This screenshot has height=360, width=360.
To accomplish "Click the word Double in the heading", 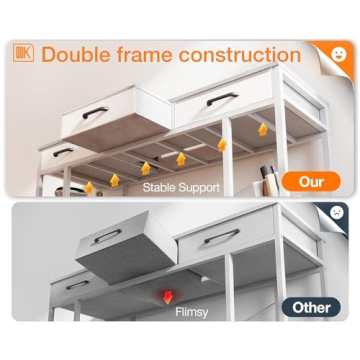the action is tap(75, 54).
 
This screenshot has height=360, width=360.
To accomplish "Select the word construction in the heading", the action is tap(240, 54).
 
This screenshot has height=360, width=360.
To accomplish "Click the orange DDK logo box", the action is tap(23, 53).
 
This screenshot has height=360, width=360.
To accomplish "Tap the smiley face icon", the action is tap(339, 54).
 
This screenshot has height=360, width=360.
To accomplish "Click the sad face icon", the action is tap(337, 212).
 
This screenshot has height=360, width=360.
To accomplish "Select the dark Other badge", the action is tap(311, 307).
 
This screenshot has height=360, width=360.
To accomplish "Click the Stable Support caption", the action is tap(181, 187).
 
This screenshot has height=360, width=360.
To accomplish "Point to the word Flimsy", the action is tap(192, 312).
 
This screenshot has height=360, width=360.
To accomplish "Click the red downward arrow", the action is tap(168, 297).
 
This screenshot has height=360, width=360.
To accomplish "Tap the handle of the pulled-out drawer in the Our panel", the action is tap(95, 112).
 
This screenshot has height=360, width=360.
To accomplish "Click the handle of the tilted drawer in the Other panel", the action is tap(108, 235).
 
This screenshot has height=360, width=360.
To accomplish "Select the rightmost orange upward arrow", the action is tap(263, 129).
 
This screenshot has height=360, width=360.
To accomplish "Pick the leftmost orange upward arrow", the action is tap(89, 188).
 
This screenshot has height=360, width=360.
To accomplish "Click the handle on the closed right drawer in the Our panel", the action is tap(222, 99).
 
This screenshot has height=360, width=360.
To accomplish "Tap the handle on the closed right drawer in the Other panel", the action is tap(222, 236).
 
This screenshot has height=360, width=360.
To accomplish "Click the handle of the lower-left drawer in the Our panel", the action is tap(63, 152).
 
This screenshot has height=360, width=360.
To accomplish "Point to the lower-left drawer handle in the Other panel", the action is tap(77, 285).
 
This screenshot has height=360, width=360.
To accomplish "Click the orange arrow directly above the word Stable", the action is tap(145, 168).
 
